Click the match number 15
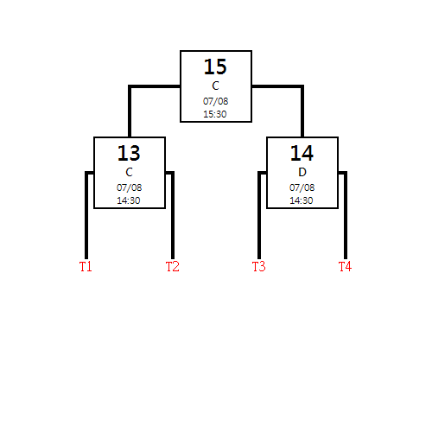click(215, 67)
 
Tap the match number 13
click(129, 153)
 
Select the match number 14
click(302, 153)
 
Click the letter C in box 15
click(215, 86)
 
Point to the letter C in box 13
click(129, 172)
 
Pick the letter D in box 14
click(302, 172)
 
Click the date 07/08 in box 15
click(215, 101)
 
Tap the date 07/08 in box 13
click(129, 187)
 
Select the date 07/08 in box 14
click(302, 187)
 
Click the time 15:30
click(215, 114)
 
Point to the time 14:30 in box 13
click(129, 200)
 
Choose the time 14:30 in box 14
click(302, 200)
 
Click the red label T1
click(86, 266)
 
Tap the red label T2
click(172, 266)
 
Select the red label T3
click(258, 266)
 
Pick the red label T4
click(345, 266)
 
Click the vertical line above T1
click(86, 215)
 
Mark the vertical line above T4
click(346, 215)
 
